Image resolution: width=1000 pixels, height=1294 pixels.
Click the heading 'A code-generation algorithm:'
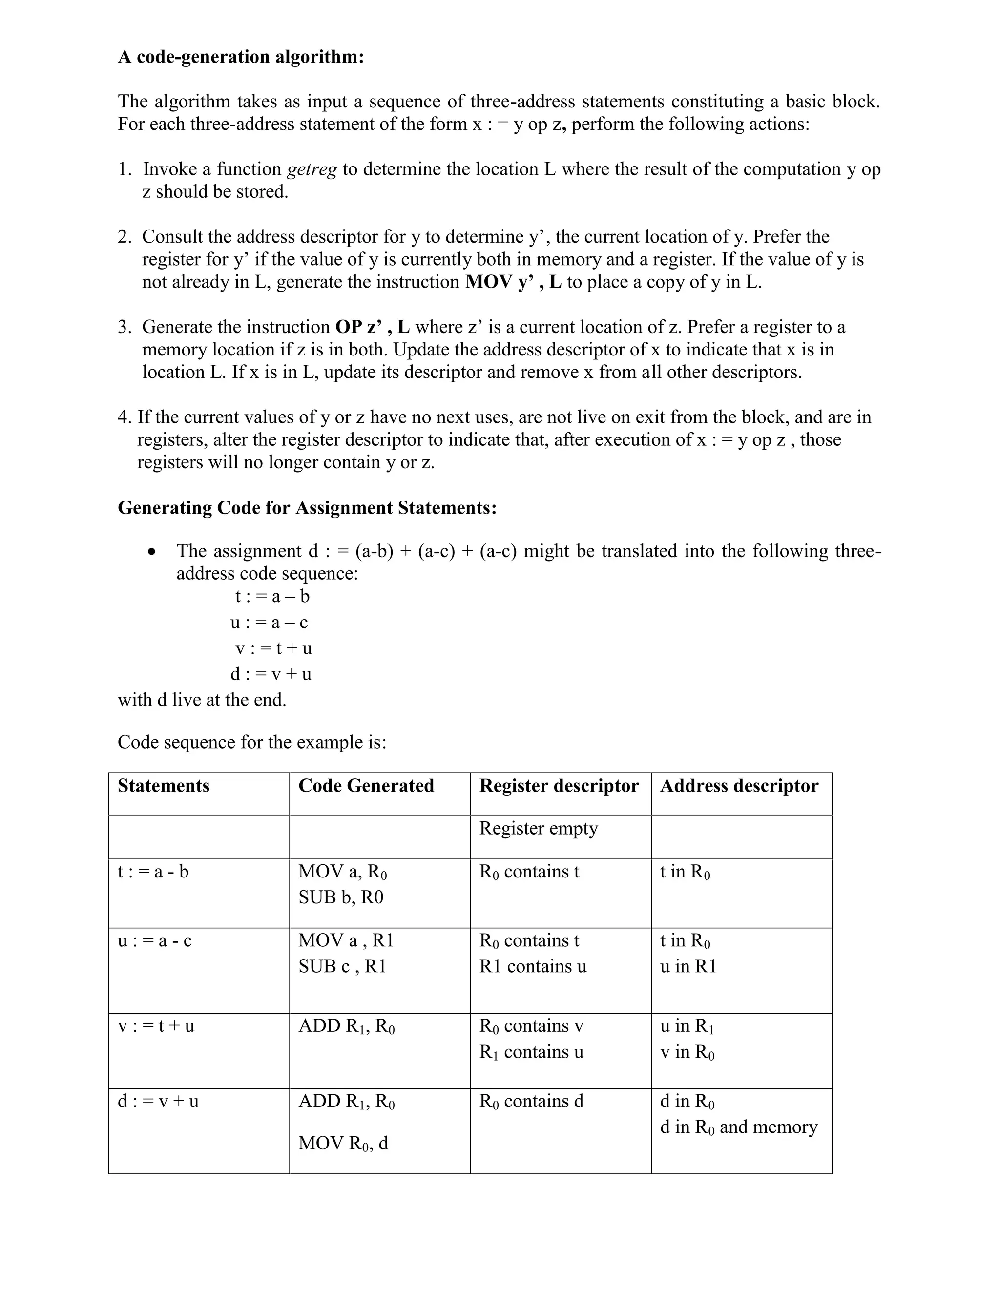pyautogui.click(x=241, y=57)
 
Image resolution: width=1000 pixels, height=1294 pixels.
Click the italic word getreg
pyautogui.click(x=312, y=169)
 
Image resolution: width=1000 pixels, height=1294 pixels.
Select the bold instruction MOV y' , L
pyautogui.click(x=513, y=282)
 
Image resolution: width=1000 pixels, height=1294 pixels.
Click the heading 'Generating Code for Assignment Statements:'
pyautogui.click(x=307, y=508)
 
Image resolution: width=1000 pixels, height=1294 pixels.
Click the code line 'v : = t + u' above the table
pyautogui.click(x=273, y=648)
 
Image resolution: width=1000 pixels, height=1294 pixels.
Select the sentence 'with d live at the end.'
pyautogui.click(x=202, y=700)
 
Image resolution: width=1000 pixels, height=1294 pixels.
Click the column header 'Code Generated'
pyautogui.click(x=366, y=786)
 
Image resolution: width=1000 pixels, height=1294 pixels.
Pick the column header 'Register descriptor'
pyautogui.click(x=559, y=786)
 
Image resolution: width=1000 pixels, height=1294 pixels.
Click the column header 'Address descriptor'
pyautogui.click(x=739, y=786)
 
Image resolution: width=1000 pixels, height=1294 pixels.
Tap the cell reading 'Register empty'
pyautogui.click(x=539, y=828)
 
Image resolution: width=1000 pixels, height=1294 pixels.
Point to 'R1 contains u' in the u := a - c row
pyautogui.click(x=533, y=966)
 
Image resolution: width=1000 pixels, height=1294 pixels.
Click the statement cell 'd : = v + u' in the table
pyautogui.click(x=158, y=1101)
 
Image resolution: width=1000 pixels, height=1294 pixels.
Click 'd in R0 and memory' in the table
pyautogui.click(x=738, y=1127)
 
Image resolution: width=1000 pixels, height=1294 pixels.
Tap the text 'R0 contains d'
pyautogui.click(x=531, y=1101)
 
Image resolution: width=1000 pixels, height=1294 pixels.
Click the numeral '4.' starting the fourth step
pyautogui.click(x=125, y=417)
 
